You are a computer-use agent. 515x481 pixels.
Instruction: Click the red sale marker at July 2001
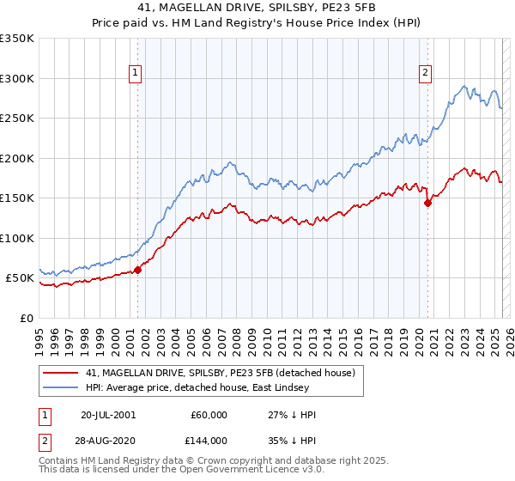pos(137,270)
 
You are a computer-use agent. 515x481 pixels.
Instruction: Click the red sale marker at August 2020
pos(427,204)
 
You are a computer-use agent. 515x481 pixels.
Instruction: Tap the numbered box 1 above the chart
pos(136,74)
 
